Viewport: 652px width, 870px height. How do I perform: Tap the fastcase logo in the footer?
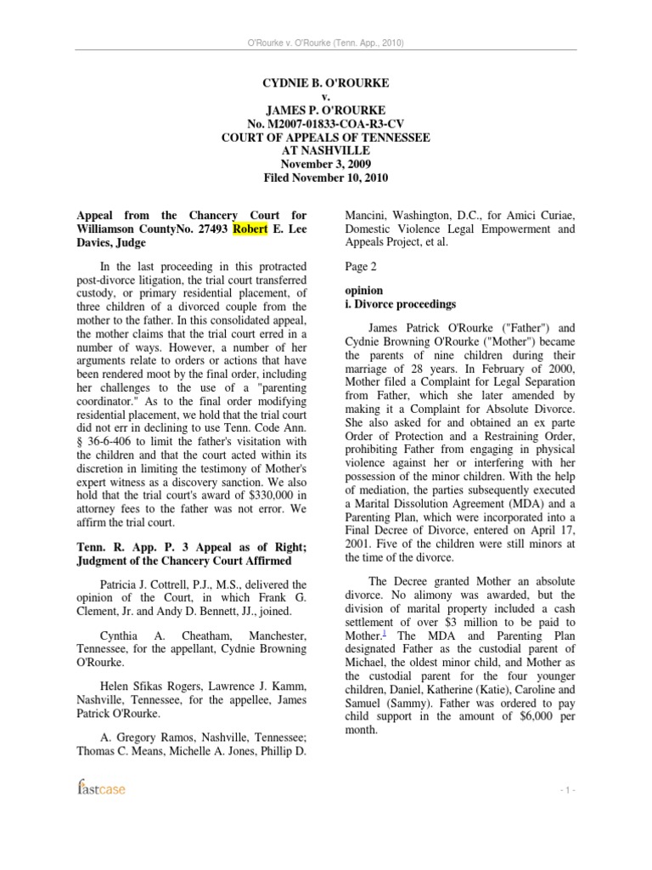(x=100, y=789)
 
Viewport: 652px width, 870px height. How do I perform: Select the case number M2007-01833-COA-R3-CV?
(x=326, y=124)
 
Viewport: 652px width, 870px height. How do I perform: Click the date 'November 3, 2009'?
(x=326, y=164)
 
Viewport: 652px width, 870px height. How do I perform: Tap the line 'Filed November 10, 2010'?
(x=326, y=178)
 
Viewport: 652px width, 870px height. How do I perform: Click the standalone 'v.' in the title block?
(x=326, y=98)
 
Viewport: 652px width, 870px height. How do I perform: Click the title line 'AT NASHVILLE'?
(x=326, y=151)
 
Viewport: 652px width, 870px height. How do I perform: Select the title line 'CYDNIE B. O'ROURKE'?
(x=326, y=84)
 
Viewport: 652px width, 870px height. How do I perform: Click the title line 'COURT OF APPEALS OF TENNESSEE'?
(x=326, y=138)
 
